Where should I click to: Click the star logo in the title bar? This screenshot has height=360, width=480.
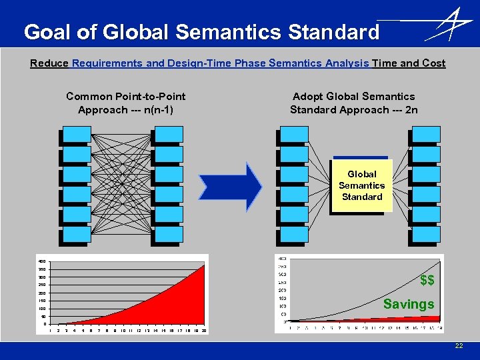[447, 26]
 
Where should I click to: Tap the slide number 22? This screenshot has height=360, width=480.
[459, 345]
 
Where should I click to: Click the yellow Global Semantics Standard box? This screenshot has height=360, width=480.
[361, 185]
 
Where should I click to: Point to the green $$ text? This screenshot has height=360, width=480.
[427, 280]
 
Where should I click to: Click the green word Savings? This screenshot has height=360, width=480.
[409, 304]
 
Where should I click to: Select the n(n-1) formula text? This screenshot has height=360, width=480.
[153, 109]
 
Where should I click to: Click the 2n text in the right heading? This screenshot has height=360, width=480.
[411, 109]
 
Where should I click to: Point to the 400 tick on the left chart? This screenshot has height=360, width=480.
[41, 261]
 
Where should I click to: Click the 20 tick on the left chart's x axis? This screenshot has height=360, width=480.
[202, 331]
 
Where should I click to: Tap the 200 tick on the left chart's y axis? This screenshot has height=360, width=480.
[41, 293]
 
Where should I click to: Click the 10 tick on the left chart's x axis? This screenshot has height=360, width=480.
[123, 331]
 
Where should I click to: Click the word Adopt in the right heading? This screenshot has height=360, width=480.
[307, 97]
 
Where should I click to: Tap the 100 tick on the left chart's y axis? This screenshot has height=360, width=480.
[41, 309]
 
